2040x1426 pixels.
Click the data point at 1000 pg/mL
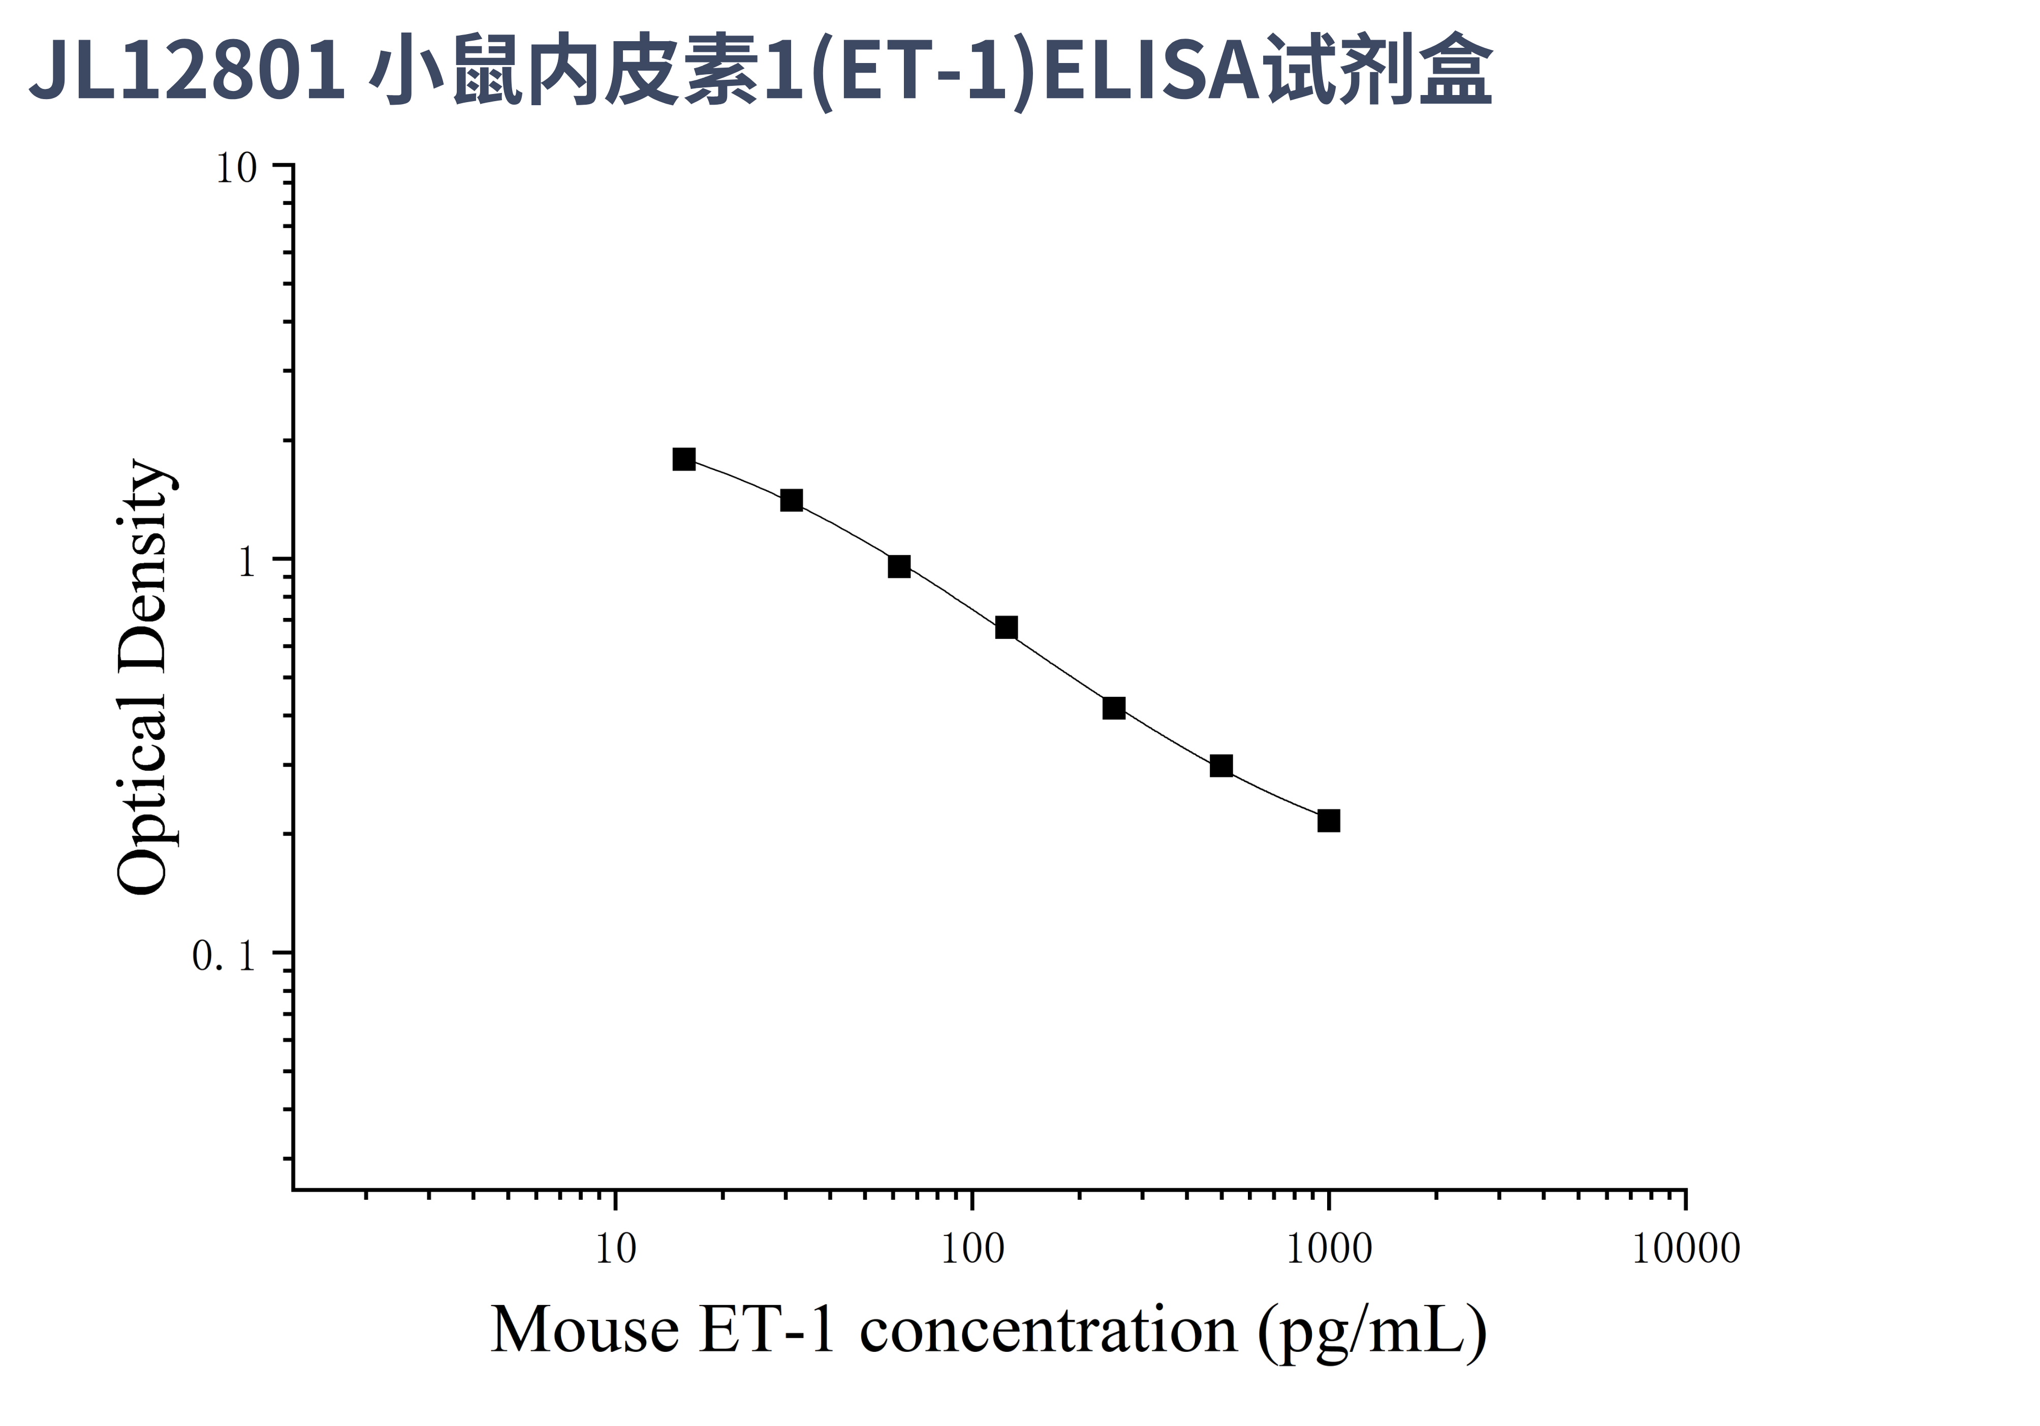coord(1328,820)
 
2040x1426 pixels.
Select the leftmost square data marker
coord(684,458)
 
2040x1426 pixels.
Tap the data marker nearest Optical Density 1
coord(899,566)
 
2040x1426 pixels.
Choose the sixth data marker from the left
coord(1221,765)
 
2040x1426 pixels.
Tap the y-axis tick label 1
coord(246,562)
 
